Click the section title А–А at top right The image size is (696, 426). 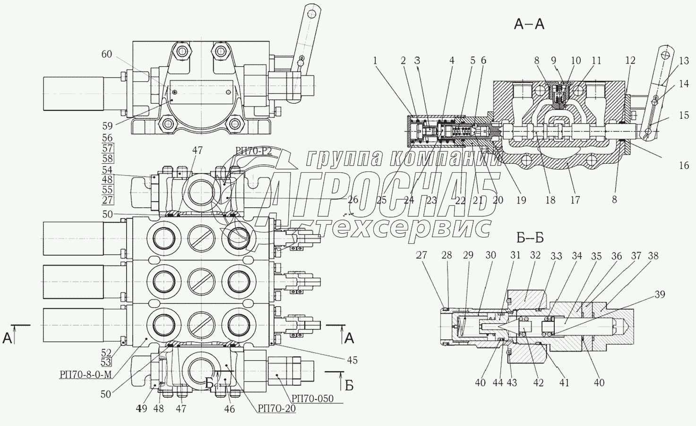[x=529, y=25]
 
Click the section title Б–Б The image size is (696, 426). [x=530, y=238]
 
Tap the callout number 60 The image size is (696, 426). [x=107, y=54]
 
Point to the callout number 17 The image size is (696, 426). [x=575, y=200]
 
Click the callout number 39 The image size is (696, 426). [x=660, y=294]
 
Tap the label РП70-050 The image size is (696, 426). [x=312, y=399]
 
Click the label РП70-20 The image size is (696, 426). [x=276, y=408]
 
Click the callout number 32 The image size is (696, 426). [x=535, y=256]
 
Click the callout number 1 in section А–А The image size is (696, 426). [x=375, y=61]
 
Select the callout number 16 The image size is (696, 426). [x=684, y=165]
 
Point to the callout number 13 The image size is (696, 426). [x=684, y=61]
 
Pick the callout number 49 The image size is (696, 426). [x=142, y=408]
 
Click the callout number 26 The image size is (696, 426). [x=352, y=200]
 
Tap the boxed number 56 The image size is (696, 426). [x=107, y=138]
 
